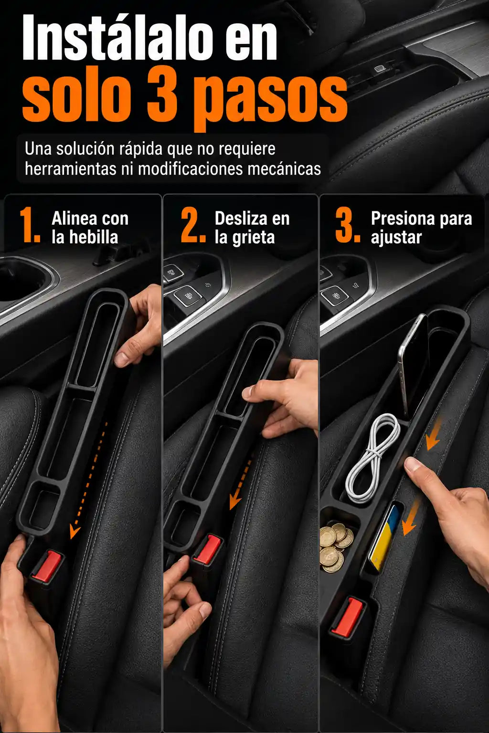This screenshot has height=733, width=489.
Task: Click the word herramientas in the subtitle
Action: (x=70, y=169)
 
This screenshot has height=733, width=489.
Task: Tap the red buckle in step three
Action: (x=347, y=617)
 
